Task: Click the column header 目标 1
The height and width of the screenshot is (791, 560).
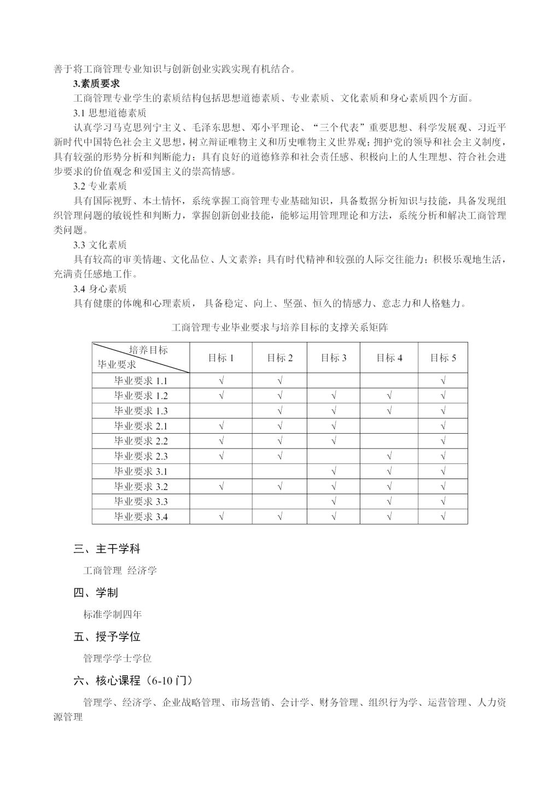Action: coord(221,358)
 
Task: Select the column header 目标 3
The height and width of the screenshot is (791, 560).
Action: coord(334,358)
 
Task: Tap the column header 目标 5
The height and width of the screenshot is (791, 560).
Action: coord(443,358)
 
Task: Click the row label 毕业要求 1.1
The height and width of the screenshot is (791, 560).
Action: coord(141,381)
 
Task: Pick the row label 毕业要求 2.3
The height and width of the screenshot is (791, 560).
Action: coord(141,456)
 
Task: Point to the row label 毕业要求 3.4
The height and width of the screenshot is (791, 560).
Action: coord(141,516)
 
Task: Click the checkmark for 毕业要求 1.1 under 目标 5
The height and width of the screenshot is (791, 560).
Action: coord(443,381)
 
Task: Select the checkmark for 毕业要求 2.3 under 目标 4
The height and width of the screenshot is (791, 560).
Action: coord(389,456)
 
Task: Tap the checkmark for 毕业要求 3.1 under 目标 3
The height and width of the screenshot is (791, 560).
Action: coord(334,471)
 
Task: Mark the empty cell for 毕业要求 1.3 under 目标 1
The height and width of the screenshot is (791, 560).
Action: coord(221,411)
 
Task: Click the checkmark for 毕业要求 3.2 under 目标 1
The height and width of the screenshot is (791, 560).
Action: coord(221,486)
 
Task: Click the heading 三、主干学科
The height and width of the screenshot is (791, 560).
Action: coord(107,549)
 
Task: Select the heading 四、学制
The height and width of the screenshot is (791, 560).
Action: coord(96,593)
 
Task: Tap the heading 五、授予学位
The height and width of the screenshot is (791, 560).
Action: coord(107,636)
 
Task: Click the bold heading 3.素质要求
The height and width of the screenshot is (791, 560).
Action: coord(96,84)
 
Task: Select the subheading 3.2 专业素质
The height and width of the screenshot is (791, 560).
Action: coord(100,186)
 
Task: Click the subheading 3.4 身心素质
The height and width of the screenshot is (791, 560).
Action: coord(100,288)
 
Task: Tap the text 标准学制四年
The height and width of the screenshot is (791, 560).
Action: coord(112,615)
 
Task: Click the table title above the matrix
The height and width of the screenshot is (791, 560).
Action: coord(279,328)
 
